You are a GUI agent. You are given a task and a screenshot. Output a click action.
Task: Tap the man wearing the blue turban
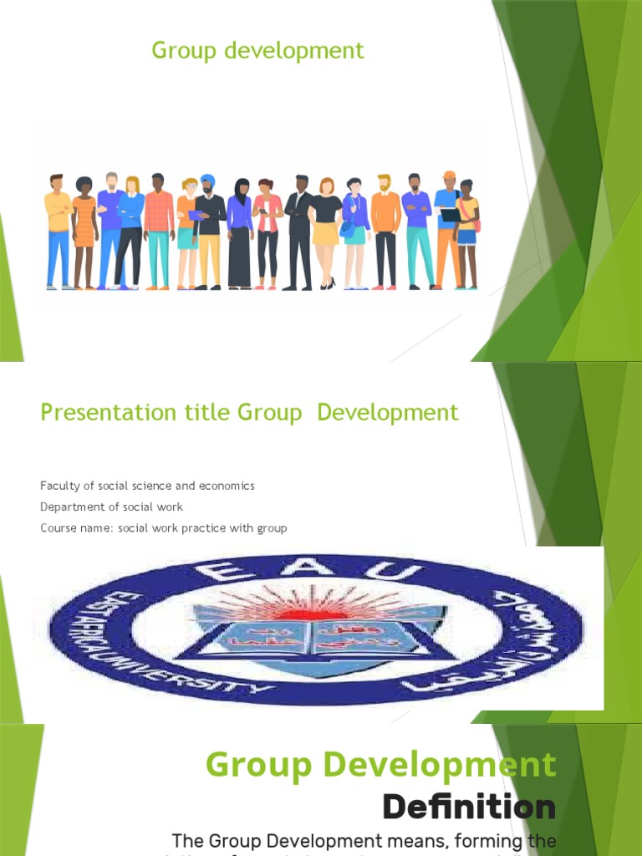[x=208, y=230]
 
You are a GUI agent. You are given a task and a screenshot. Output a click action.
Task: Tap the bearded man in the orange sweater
[x=385, y=230]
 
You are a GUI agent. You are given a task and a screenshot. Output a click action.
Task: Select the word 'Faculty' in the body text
[x=58, y=486]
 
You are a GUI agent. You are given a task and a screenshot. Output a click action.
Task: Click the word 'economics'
[x=227, y=486]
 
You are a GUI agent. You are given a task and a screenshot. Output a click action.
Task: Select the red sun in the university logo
[x=319, y=602]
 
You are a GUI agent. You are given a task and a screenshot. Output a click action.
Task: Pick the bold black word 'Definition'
[x=469, y=808]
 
